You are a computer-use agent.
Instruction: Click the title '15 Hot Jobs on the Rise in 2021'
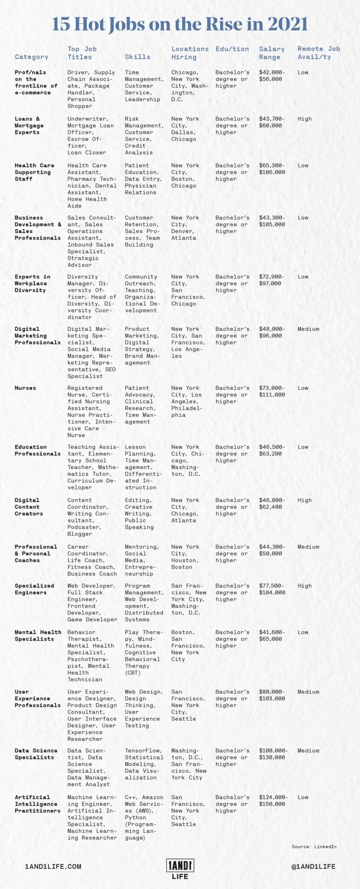coord(180,24)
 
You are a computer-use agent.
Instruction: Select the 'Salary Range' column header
coord(272,53)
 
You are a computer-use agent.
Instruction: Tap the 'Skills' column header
coord(138,57)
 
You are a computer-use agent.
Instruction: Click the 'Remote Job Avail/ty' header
coord(318,53)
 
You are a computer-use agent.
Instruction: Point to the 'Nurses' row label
coord(25,388)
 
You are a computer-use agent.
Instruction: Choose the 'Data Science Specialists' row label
coord(34,754)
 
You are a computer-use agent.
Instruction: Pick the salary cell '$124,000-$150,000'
coord(273,800)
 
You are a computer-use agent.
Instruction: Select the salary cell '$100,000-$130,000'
coord(273,754)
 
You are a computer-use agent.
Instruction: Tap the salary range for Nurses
coord(272,392)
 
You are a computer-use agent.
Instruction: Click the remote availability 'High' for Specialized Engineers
coord(304,586)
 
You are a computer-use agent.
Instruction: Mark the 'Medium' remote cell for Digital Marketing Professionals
coord(308,329)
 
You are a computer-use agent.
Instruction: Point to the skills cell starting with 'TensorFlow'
coord(144,764)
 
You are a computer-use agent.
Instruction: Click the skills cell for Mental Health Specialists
coord(142,652)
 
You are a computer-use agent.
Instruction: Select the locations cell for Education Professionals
coord(188,461)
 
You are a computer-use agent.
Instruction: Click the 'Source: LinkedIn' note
coord(314,846)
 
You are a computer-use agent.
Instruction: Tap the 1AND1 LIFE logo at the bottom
coord(180,869)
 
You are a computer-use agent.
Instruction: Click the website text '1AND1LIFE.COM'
coord(53,866)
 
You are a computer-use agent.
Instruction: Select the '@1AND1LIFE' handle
coord(314,866)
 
